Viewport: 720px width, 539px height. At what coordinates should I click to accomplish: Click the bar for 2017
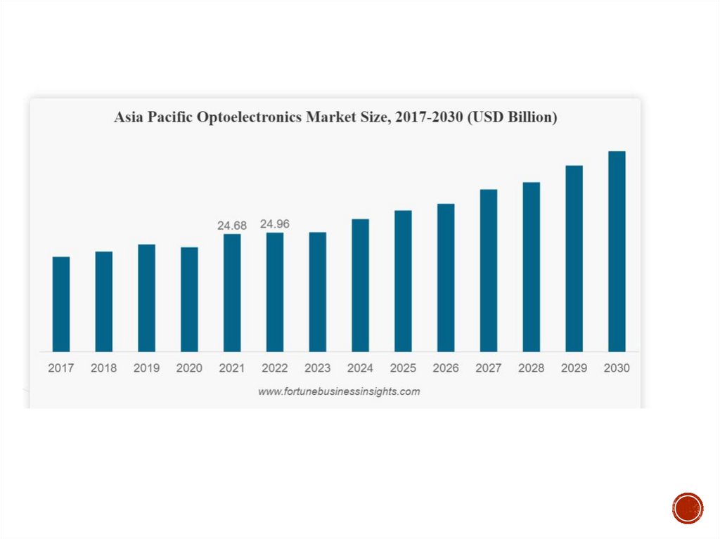61,304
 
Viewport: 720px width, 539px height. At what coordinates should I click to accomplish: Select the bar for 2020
189,299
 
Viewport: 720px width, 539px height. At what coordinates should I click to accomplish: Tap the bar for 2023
317,292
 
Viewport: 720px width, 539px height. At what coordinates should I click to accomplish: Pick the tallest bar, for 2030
617,251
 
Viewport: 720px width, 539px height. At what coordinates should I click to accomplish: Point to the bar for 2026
446,278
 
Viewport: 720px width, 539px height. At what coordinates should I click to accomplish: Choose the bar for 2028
532,267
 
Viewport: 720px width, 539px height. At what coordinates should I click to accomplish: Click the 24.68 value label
232,226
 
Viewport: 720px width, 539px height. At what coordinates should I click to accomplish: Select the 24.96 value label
275,224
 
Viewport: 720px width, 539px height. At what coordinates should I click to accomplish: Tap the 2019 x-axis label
146,368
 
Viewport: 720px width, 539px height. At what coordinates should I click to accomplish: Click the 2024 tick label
360,368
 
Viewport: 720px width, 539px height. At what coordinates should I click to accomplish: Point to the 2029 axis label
574,368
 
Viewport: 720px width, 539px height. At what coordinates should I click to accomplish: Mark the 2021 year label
232,368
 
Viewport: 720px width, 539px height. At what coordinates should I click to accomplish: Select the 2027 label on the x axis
489,368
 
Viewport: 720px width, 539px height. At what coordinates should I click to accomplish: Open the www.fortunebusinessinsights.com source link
339,391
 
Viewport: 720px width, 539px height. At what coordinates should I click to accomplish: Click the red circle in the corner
688,508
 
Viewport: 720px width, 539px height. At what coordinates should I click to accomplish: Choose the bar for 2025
403,281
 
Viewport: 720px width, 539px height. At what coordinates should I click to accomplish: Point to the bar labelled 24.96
275,292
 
